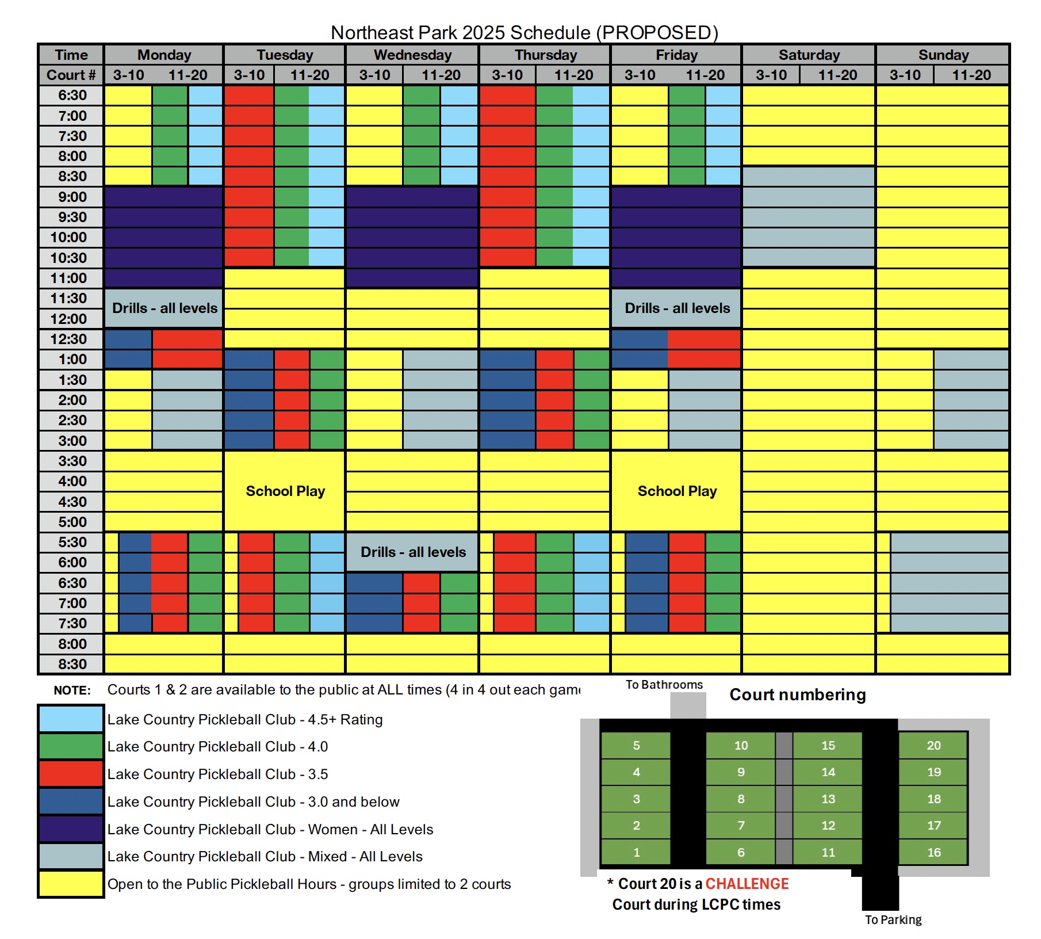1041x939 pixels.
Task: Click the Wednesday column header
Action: coord(412,55)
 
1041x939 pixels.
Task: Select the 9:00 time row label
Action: coord(72,197)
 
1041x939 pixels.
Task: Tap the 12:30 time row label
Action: coord(68,339)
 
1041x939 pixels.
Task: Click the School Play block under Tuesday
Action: coord(285,491)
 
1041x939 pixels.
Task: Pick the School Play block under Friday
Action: coord(676,491)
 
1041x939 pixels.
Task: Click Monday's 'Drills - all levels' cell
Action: coord(164,308)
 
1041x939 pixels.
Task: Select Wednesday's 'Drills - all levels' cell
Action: coord(412,552)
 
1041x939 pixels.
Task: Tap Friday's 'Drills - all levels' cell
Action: coord(677,308)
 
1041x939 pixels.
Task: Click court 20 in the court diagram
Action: coord(933,746)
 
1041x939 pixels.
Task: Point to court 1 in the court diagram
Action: coord(636,852)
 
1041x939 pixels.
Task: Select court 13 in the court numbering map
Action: coord(828,799)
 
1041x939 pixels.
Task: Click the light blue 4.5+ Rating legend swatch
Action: coord(71,719)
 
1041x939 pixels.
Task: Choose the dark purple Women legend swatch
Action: coord(71,829)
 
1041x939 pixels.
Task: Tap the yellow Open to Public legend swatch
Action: coord(71,884)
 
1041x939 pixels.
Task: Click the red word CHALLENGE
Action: coord(747,884)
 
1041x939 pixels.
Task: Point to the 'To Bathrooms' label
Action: coord(664,685)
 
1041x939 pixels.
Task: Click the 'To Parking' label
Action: coord(893,919)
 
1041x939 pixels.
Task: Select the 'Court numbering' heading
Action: coord(797,694)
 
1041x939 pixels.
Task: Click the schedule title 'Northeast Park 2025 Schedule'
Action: coord(524,32)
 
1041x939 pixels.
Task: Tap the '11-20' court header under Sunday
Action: coord(971,75)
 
